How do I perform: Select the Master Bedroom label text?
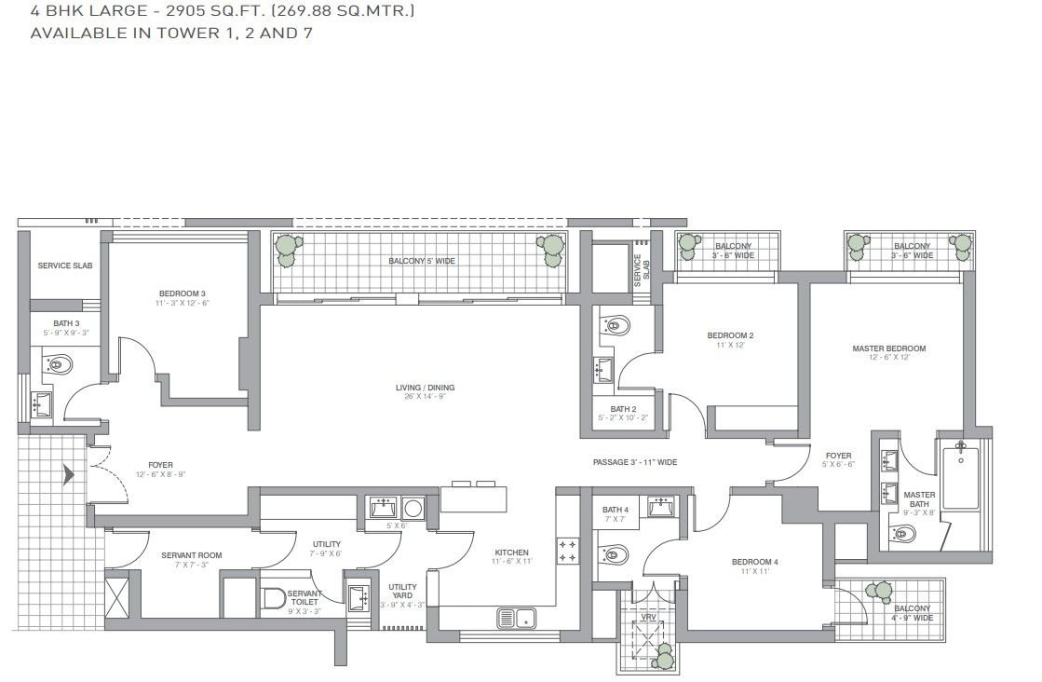pyautogui.click(x=888, y=349)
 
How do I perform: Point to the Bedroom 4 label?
pyautogui.click(x=754, y=562)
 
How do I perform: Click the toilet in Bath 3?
pyautogui.click(x=60, y=365)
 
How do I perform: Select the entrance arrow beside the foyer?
pyautogui.click(x=68, y=475)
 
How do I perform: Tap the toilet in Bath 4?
pyautogui.click(x=616, y=556)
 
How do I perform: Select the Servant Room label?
pyautogui.click(x=191, y=555)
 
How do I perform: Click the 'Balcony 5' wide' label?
pyautogui.click(x=422, y=261)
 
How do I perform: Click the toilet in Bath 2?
pyautogui.click(x=616, y=325)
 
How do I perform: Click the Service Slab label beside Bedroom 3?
pyautogui.click(x=64, y=266)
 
